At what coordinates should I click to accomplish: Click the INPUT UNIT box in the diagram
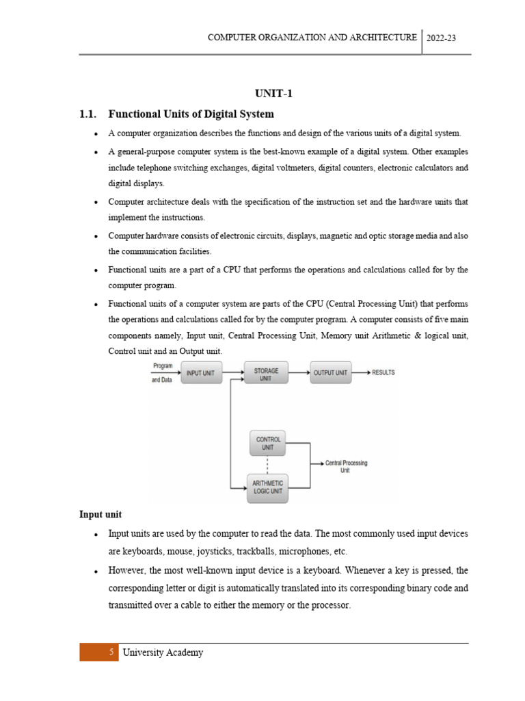200,372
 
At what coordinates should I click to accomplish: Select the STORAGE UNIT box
266,374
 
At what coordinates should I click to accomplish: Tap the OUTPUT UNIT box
331,372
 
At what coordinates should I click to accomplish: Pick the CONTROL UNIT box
268,443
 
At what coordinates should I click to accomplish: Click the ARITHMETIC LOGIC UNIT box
267,487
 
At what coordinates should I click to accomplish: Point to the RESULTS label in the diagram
383,372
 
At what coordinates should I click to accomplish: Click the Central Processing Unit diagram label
346,467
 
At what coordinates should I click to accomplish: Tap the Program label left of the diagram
163,366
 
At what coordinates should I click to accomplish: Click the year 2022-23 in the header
440,38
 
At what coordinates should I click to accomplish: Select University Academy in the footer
163,652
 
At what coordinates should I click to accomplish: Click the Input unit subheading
100,514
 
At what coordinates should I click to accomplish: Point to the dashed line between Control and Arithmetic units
267,465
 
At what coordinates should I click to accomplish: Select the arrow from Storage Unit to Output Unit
299,372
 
